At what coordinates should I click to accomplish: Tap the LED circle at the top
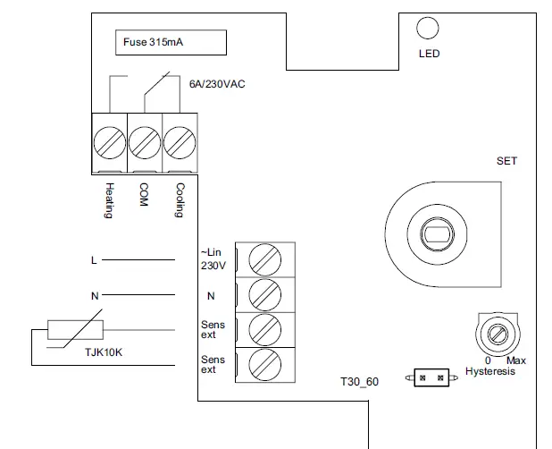point(429,30)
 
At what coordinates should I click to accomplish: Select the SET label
point(506,162)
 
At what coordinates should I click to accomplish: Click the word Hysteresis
point(490,370)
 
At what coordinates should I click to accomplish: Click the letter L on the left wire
point(94,260)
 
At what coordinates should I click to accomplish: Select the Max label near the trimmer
point(516,360)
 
